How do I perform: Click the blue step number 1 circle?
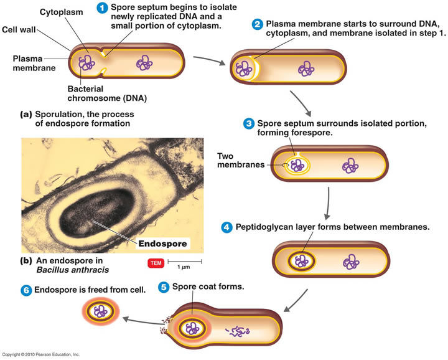point(102,7)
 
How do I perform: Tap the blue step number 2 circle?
point(257,24)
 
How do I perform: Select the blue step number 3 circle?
point(248,123)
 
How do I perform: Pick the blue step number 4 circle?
point(226,227)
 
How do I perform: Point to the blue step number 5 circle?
point(164,287)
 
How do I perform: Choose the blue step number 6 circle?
point(26,290)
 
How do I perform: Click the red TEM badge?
point(156,263)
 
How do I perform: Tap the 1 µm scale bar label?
point(184,267)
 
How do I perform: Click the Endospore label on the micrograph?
point(162,244)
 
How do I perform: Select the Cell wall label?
point(19,30)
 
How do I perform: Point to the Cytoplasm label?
point(61,12)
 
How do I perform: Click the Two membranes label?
point(241,160)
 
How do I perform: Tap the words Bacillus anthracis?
point(73,270)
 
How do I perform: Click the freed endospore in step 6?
point(101,311)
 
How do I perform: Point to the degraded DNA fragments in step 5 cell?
point(238,331)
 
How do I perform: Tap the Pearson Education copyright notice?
point(41,354)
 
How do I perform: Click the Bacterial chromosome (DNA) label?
point(107,93)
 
